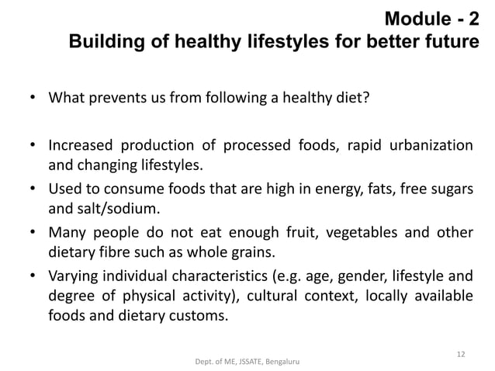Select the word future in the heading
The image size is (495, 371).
tap(448, 40)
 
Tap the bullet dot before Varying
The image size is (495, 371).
tap(33, 274)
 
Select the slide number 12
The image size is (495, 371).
tap(461, 355)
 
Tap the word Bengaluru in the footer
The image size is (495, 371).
tap(284, 362)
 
